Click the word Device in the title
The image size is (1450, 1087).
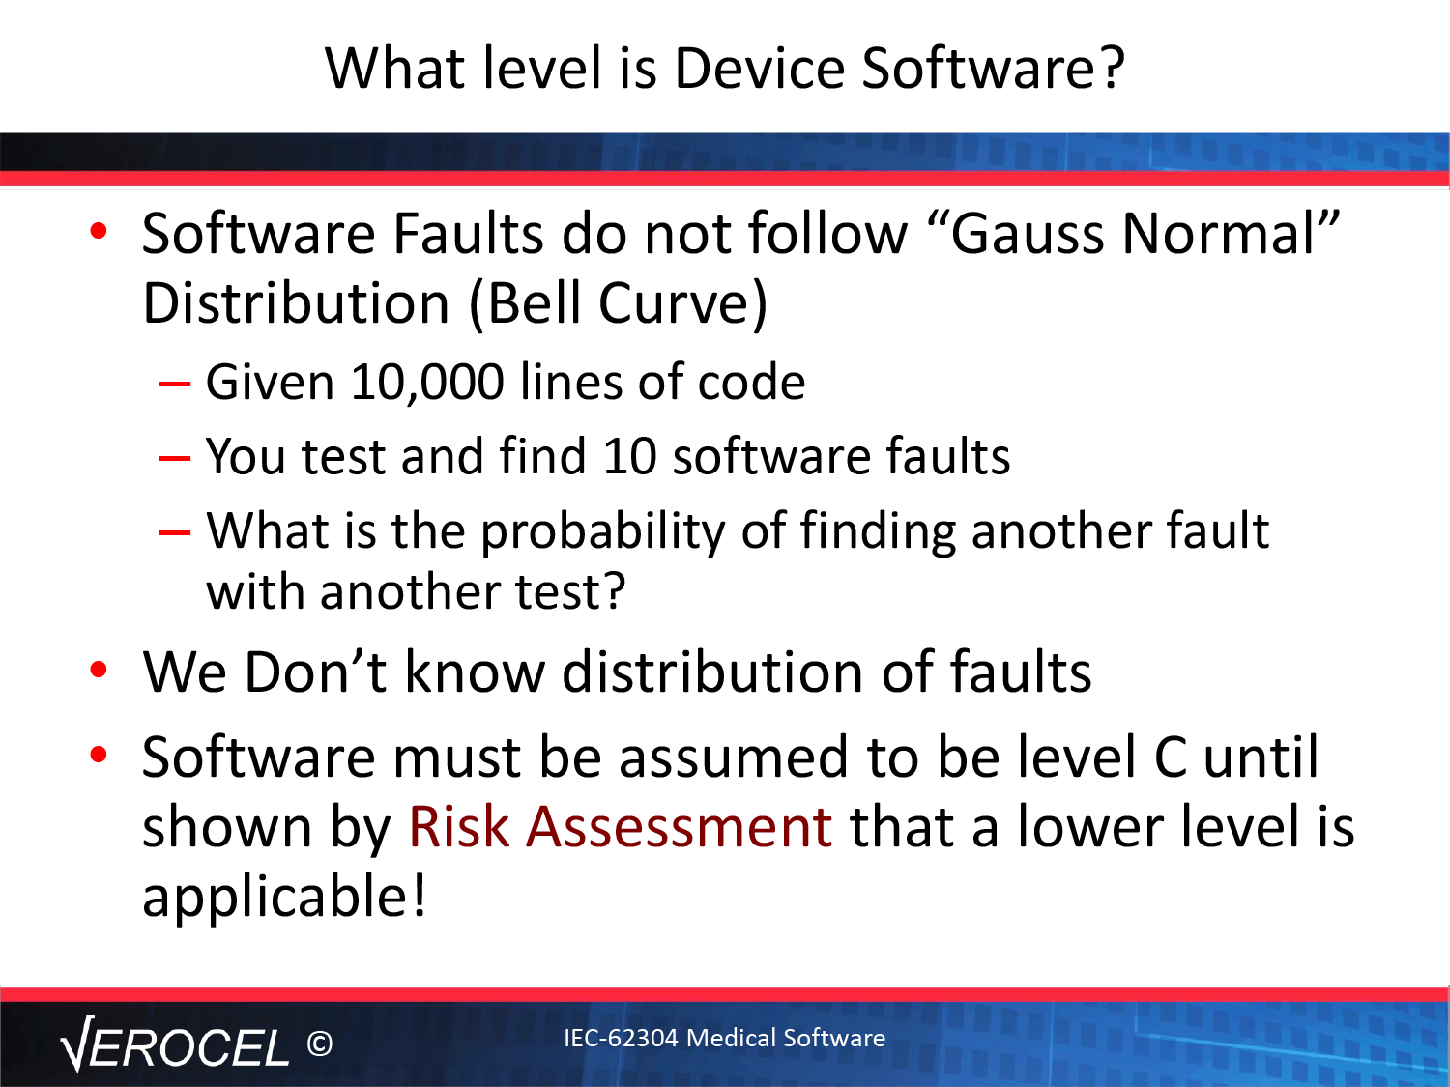click(760, 68)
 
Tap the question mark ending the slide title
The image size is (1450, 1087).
click(1112, 68)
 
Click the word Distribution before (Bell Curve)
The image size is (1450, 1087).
click(296, 303)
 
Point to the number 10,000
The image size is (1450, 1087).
click(427, 382)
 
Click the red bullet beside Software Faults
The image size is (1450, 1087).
click(99, 231)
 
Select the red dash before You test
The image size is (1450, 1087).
click(175, 457)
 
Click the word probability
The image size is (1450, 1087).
click(602, 531)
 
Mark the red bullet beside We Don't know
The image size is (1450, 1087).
click(99, 670)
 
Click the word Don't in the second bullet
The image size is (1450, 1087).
click(315, 672)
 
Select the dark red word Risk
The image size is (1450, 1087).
click(459, 826)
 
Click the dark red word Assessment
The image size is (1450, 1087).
click(680, 826)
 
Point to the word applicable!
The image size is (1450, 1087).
click(284, 897)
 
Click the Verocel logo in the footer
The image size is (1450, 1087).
click(174, 1044)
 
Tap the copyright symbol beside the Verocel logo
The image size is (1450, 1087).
click(320, 1044)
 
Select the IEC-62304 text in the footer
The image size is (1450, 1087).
click(621, 1038)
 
